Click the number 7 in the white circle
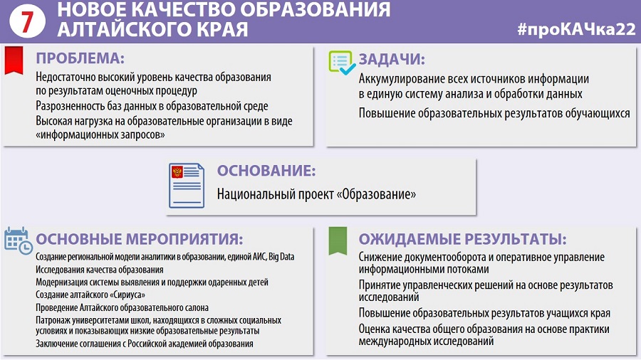coord(27,21)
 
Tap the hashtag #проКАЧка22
coord(576,29)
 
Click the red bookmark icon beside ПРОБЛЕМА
coord(14,60)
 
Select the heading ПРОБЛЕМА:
coord(80,58)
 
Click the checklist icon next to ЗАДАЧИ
coord(342,63)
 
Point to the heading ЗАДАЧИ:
coord(392,60)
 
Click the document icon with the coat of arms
coord(187,185)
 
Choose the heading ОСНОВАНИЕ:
coord(266,171)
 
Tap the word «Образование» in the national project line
coord(376,194)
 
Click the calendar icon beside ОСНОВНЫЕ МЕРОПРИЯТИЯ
coord(18,240)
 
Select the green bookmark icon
coord(338,240)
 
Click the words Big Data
coord(281,257)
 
